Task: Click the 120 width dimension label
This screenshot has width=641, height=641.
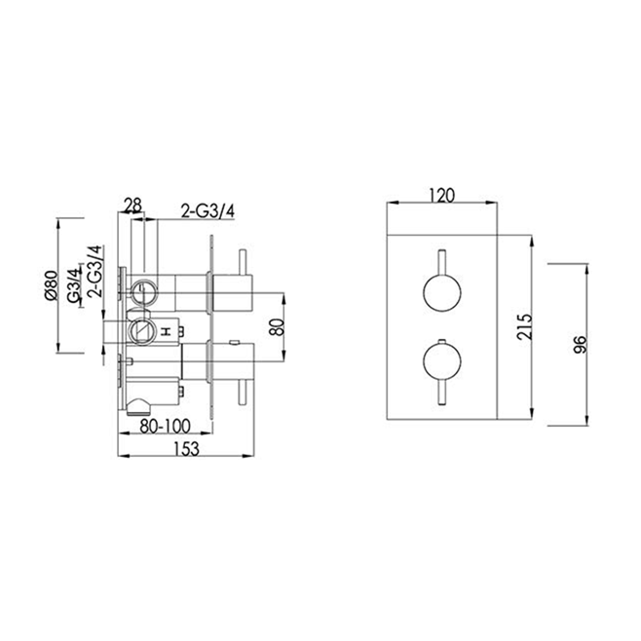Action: pyautogui.click(x=443, y=194)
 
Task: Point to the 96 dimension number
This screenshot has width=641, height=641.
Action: pyautogui.click(x=581, y=344)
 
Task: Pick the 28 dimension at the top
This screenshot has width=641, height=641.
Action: pyautogui.click(x=133, y=205)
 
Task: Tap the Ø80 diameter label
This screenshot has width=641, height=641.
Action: pyautogui.click(x=49, y=285)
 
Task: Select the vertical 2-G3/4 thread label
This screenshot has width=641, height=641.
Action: pyautogui.click(x=94, y=270)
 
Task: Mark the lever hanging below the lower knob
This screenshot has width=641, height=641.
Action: pyautogui.click(x=443, y=395)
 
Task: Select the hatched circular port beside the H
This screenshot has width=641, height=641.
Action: pyautogui.click(x=142, y=330)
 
